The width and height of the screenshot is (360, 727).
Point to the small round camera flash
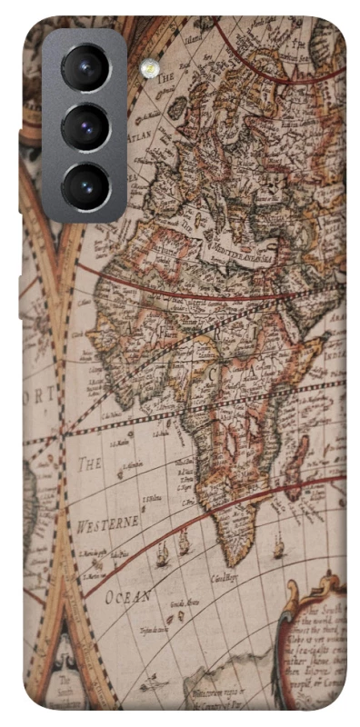(x=148, y=68)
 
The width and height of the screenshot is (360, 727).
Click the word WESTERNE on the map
(x=107, y=524)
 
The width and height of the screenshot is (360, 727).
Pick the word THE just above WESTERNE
(x=89, y=464)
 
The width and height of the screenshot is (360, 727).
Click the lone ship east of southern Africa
(x=278, y=547)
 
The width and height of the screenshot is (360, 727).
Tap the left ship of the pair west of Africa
(x=163, y=553)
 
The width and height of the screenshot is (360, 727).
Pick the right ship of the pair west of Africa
(x=184, y=543)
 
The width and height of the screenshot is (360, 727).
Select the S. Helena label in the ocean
(x=152, y=498)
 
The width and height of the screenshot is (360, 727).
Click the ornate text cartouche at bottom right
(x=314, y=650)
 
